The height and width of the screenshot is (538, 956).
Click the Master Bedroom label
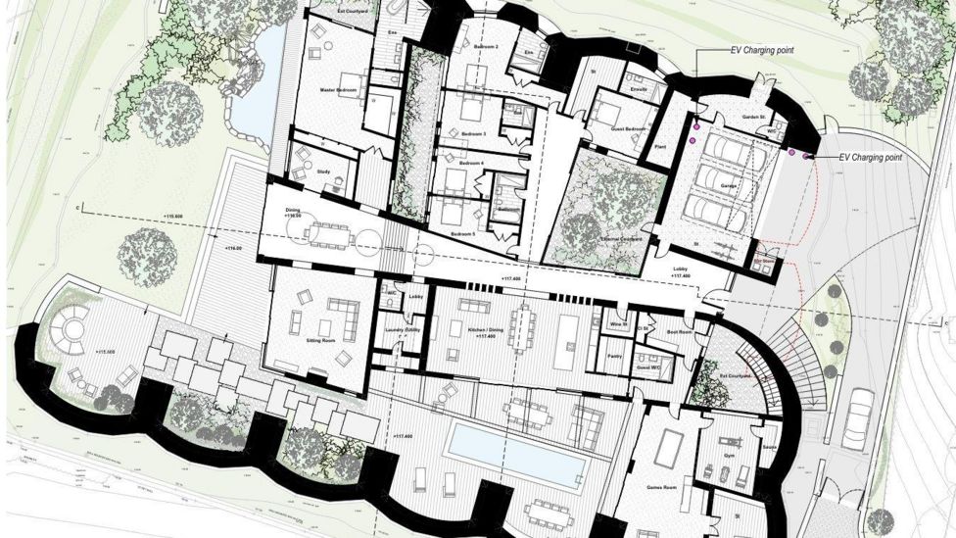point(337,90)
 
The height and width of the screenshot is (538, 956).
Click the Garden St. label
point(752,117)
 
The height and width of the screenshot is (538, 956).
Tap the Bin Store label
point(762,261)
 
